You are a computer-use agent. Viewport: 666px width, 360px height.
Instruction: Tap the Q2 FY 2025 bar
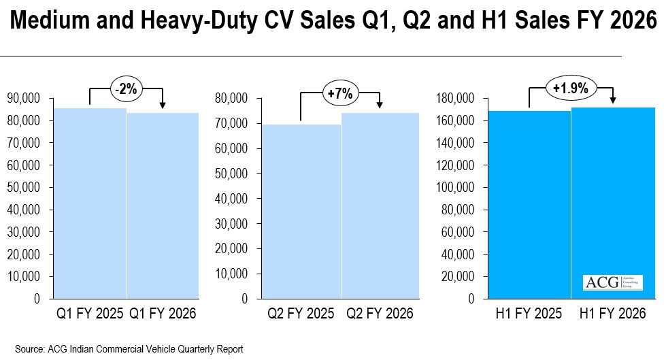[x=301, y=211]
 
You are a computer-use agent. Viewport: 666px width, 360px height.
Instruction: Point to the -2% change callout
[x=127, y=89]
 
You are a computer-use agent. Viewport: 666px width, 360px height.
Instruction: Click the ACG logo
[x=603, y=282]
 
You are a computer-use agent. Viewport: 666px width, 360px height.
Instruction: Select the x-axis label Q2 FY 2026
[x=380, y=314]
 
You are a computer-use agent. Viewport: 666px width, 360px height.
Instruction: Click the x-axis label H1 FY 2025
[x=529, y=314]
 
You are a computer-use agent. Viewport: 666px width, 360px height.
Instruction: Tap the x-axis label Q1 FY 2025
[x=90, y=314]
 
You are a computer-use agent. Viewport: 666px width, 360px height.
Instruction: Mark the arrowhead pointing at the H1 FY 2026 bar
[x=613, y=100]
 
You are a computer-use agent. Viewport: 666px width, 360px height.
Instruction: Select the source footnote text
[x=129, y=349]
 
